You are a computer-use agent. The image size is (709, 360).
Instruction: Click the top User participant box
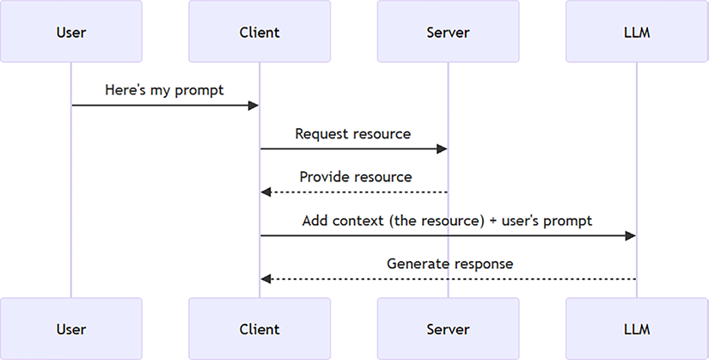click(70, 33)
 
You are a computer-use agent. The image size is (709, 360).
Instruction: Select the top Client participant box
click(260, 33)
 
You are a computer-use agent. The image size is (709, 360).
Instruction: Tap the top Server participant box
click(448, 33)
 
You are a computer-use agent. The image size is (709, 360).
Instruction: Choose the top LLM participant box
click(637, 33)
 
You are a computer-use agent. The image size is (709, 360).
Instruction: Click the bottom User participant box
click(70, 329)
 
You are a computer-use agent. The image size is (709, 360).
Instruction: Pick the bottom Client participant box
click(260, 329)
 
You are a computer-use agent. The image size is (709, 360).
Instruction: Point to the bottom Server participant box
click(448, 329)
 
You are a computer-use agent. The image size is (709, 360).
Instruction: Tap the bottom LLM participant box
click(637, 329)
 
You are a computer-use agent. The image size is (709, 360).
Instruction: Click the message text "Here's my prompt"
click(164, 90)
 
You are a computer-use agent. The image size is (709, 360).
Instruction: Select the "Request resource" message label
click(352, 134)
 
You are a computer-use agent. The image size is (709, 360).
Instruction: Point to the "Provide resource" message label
click(355, 177)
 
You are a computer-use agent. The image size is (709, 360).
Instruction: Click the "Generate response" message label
click(449, 264)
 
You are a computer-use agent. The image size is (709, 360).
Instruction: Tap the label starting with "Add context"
click(447, 221)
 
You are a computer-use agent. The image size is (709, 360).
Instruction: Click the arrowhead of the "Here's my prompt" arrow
click(254, 106)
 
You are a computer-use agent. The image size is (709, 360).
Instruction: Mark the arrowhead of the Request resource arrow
click(442, 149)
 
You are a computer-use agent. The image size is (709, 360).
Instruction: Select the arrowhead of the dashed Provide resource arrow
click(266, 192)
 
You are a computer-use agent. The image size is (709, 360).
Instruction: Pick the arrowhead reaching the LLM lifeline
click(631, 235)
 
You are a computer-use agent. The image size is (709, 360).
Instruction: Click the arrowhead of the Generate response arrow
click(266, 279)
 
